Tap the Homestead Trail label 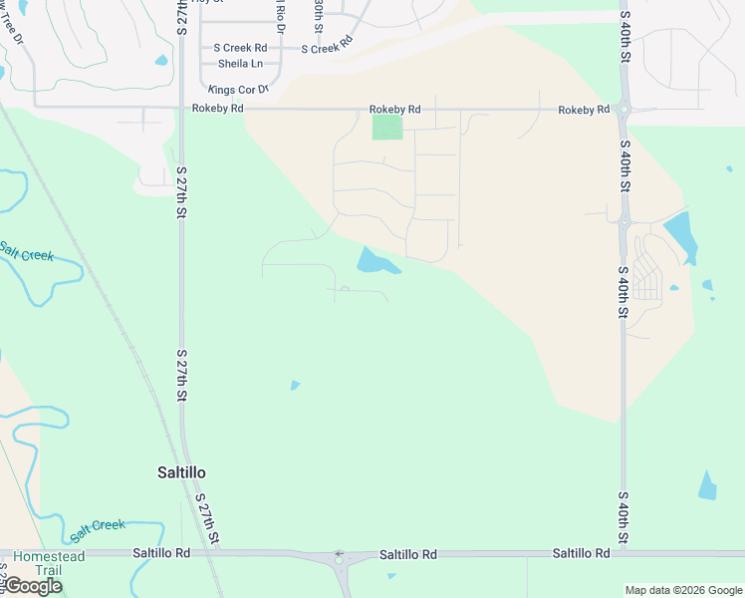49,563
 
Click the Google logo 32,586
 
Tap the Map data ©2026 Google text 682,590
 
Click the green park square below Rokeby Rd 386,128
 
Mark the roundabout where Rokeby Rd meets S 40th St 624,110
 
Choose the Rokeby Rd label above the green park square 395,109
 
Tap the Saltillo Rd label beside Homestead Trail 160,552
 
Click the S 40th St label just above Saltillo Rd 623,518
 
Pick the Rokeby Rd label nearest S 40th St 584,110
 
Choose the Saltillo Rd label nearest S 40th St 582,553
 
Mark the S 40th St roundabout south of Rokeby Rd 624,221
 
